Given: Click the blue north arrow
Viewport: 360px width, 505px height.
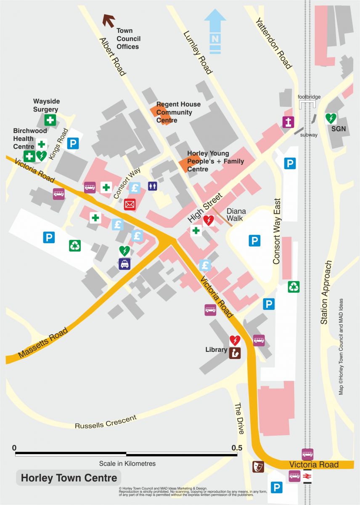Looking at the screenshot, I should tap(215, 32).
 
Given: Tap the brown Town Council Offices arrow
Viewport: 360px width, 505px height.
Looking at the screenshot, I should tap(109, 20).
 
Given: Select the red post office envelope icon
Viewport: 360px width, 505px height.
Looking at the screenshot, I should tap(130, 205).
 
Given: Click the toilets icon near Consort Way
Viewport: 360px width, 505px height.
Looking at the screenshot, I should tap(152, 186).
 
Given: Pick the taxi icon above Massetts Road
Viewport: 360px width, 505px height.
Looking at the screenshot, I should tap(124, 264).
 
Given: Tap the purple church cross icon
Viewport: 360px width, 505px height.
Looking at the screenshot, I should tap(288, 122).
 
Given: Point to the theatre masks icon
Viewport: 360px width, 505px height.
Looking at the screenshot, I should tap(257, 466).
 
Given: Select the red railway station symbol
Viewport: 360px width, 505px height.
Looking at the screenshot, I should tap(307, 476).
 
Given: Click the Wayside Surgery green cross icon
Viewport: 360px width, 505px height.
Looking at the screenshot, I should tap(50, 120).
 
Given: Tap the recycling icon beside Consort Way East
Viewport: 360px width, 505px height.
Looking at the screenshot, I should tap(294, 287).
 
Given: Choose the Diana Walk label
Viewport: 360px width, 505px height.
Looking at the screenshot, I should tap(236, 215).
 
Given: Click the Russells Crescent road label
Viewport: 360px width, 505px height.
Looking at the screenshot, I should tap(106, 422).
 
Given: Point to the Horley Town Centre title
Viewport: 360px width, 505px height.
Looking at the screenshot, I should tap(69, 478).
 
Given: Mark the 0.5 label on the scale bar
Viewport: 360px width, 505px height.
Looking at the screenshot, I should tap(237, 447).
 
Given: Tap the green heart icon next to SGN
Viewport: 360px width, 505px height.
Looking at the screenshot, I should tap(331, 118).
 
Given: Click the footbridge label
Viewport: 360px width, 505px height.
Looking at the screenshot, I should tap(309, 97).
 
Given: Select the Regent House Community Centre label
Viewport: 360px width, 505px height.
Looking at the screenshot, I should tap(178, 112).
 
